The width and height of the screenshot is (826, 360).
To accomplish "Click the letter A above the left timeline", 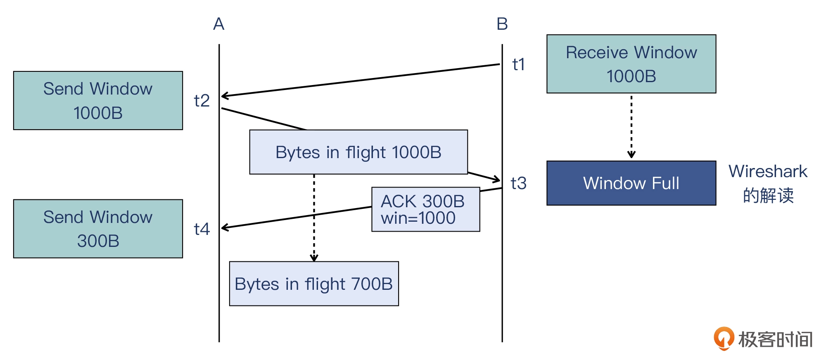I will pos(218,24).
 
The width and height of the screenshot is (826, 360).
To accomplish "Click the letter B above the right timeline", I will pos(502,24).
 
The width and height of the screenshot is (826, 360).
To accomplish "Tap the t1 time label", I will pos(518,64).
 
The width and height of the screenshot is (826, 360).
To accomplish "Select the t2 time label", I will pos(202,101).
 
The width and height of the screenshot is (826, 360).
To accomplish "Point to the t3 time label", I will pos(518,183).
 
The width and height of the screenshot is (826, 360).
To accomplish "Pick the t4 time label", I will pos(202,229).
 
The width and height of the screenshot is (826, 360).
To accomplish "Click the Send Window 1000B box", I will pos(98,101).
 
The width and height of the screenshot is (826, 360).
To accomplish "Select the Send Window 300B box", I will pos(98,229).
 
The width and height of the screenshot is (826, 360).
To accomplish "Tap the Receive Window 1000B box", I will pos(631,64).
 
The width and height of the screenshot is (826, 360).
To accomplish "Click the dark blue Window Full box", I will pos(631,183).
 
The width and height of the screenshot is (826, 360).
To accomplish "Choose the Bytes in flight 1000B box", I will pos(358,152).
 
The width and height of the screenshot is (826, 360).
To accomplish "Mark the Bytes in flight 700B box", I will pos(314,284).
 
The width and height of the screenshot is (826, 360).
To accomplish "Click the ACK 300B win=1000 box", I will pos(425,209).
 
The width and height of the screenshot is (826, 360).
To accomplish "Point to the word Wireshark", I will pos(768,171).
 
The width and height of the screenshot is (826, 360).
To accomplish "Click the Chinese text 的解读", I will pos(768,195).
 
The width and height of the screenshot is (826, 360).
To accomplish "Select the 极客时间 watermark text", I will pos(775,339).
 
